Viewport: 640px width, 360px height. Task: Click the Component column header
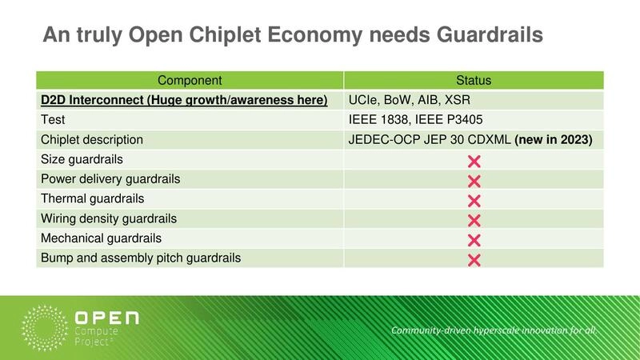point(190,80)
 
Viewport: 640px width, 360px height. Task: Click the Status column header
point(473,80)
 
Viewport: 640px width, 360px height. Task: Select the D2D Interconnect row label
point(184,100)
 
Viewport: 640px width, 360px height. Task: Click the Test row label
point(54,120)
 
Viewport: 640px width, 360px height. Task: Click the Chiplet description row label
point(91,139)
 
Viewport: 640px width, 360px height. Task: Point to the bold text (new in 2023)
point(553,139)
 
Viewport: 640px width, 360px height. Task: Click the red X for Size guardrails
point(473,160)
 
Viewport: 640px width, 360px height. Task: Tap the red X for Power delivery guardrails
point(473,180)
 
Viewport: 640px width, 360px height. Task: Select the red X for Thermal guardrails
point(473,200)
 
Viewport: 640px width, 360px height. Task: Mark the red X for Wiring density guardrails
point(473,220)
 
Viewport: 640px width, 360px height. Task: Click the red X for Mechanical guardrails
point(473,240)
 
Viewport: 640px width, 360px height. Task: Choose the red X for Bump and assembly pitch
point(473,259)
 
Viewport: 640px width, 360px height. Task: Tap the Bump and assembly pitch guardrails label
point(140,258)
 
